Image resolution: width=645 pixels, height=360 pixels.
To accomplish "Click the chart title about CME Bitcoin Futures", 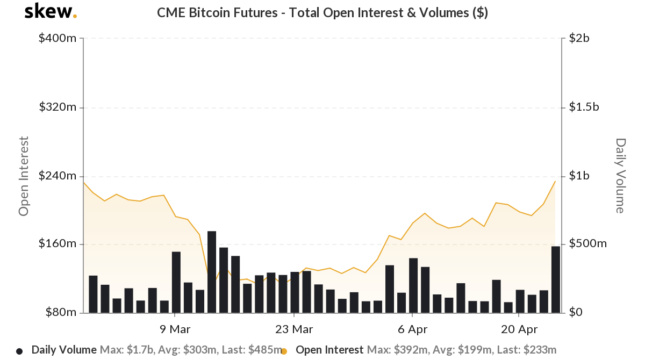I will tap(322, 12).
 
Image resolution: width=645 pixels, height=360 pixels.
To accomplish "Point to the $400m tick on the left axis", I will tap(58, 39).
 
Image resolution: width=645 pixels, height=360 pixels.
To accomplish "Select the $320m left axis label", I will tap(58, 107).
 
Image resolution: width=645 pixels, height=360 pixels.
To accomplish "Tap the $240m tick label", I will tap(58, 176).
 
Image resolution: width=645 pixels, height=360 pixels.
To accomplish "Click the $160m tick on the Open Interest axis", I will tap(58, 244).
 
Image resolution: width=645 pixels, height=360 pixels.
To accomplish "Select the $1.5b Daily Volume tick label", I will tap(584, 107).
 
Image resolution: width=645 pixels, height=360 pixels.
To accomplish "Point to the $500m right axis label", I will tap(588, 244).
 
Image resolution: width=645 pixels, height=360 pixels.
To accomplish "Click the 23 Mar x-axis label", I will tap(294, 329).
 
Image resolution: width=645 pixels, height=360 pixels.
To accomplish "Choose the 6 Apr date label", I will tap(412, 329).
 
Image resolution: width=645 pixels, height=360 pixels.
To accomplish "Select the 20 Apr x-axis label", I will tap(519, 329).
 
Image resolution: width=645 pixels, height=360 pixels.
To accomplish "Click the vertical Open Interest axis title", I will tap(23, 176).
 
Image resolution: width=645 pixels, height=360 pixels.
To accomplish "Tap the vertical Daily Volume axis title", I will tap(620, 176).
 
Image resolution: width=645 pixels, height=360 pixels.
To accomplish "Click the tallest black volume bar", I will tap(212, 272).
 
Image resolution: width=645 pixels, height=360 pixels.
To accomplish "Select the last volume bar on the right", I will tap(556, 279).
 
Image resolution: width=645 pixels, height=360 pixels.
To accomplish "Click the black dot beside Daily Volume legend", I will tap(19, 351).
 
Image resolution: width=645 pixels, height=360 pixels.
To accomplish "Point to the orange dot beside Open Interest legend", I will tap(284, 351).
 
